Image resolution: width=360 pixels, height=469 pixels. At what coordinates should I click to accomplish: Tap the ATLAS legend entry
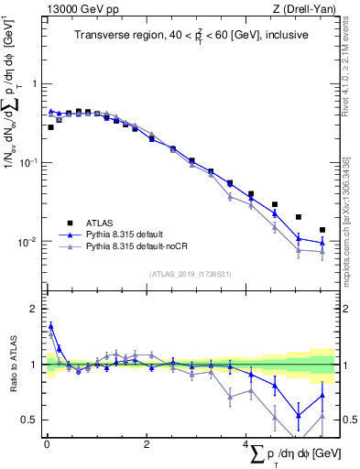(x=99, y=222)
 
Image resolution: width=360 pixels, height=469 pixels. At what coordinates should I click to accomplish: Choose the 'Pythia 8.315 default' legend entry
(x=127, y=234)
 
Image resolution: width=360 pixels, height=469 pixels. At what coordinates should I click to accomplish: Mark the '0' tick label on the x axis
(x=47, y=444)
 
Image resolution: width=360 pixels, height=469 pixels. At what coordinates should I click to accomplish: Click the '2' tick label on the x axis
(x=147, y=444)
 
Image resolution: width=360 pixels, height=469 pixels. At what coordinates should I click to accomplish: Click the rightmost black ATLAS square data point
(x=322, y=230)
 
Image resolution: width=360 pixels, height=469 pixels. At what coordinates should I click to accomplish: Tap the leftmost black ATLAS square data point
(x=50, y=127)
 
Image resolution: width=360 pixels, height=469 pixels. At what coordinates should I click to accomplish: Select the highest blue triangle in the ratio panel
(x=50, y=326)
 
